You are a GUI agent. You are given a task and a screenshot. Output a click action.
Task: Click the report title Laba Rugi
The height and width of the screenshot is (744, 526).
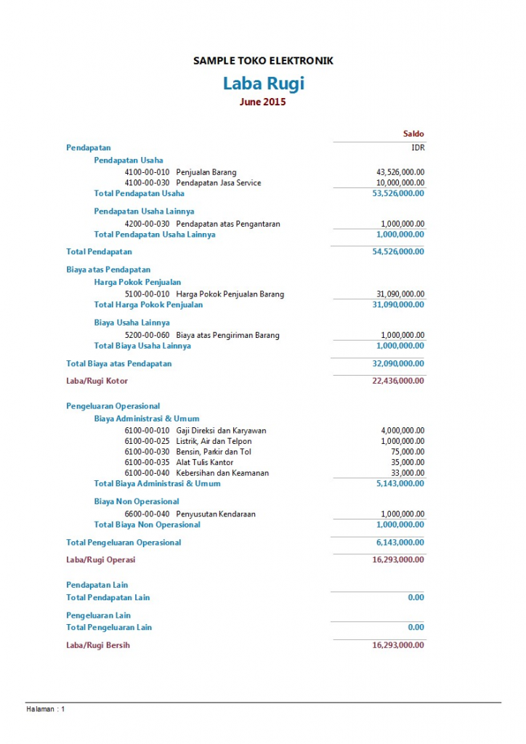(x=263, y=84)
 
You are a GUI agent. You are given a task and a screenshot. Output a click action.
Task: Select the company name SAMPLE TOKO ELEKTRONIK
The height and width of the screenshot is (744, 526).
(x=263, y=61)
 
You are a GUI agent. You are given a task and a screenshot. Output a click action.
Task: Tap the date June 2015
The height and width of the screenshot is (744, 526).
(x=263, y=102)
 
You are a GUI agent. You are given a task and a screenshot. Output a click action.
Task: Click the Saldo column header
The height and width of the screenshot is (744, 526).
(x=413, y=134)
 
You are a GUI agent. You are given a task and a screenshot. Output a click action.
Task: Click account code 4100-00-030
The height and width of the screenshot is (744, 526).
(x=147, y=183)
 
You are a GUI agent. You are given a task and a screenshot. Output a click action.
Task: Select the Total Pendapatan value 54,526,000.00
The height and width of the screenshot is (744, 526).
(x=398, y=252)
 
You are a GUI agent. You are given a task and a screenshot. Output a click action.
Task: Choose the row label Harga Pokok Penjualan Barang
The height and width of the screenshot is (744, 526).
(x=230, y=294)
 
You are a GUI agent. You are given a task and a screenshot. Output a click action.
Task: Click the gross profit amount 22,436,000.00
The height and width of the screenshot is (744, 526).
(x=398, y=381)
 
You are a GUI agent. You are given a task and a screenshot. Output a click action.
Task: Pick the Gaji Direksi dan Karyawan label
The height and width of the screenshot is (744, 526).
(x=221, y=431)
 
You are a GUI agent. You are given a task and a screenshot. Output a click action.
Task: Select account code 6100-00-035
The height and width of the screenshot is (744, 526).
(x=147, y=462)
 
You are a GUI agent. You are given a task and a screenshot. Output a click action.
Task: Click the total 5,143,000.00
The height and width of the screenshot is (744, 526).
(x=400, y=483)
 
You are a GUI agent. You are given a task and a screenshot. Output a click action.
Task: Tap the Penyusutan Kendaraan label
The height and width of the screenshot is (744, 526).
(x=216, y=514)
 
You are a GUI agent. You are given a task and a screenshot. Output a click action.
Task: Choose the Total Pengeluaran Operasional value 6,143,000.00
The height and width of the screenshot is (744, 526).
(x=400, y=543)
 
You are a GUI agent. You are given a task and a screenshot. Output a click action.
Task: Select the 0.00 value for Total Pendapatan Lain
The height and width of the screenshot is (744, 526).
(x=416, y=598)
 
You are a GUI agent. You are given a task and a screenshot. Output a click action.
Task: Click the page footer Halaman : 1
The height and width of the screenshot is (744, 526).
(x=46, y=709)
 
